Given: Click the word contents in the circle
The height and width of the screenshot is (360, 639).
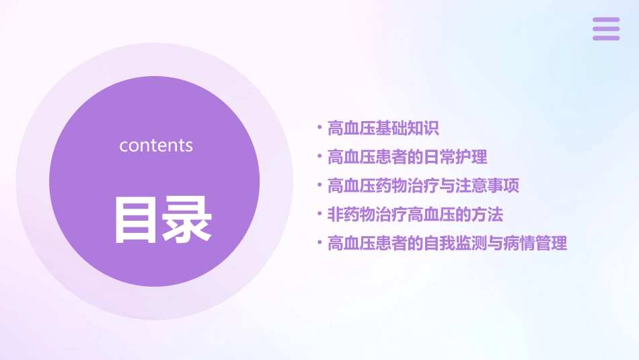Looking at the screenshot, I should pyautogui.click(x=156, y=145).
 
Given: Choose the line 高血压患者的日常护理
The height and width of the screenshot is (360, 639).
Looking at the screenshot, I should pyautogui.click(x=407, y=157).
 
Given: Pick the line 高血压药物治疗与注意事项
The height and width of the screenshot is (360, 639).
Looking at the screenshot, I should pyautogui.click(x=423, y=186).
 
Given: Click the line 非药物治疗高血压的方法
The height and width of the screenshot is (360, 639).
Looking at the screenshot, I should pyautogui.click(x=415, y=215).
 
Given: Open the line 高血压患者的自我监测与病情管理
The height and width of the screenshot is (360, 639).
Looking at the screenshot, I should pyautogui.click(x=447, y=243).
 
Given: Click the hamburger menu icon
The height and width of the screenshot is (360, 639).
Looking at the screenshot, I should pyautogui.click(x=606, y=29).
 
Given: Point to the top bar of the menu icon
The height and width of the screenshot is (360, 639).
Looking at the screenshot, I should pyautogui.click(x=606, y=20).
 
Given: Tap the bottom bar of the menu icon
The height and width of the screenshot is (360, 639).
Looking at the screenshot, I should pyautogui.click(x=606, y=38).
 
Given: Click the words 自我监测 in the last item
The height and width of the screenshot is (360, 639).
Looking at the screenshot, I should pyautogui.click(x=455, y=243).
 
